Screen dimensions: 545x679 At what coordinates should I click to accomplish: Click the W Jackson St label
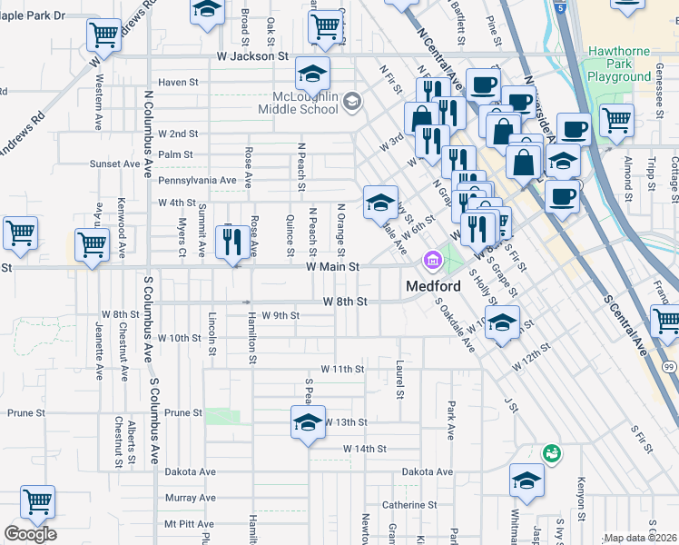[x=251, y=56]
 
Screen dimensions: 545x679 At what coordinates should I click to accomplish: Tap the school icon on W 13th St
[x=308, y=422]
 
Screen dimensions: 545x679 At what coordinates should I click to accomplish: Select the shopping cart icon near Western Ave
[x=103, y=35]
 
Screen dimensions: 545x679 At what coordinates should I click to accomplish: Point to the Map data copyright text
[x=640, y=539]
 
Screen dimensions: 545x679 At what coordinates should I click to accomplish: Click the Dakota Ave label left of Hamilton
[x=190, y=472]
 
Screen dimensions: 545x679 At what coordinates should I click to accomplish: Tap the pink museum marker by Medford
[x=432, y=262]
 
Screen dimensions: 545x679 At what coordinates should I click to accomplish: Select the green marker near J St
[x=551, y=451]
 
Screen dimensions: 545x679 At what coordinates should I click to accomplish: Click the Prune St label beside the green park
[x=183, y=412]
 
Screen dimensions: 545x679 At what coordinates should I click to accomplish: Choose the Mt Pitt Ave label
[x=189, y=524]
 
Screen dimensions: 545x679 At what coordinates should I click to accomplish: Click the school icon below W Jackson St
[x=312, y=73]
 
